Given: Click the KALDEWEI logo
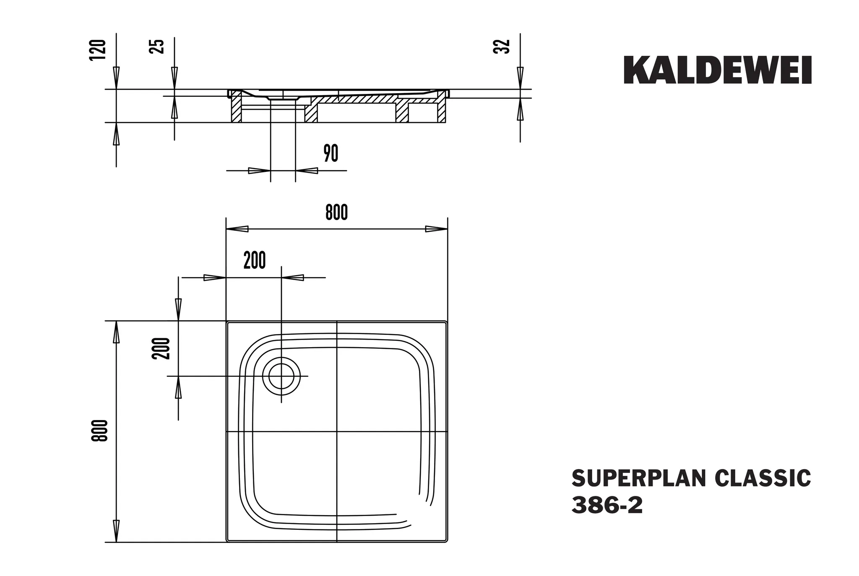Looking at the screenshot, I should [x=717, y=70].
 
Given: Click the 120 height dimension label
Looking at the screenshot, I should [x=97, y=50].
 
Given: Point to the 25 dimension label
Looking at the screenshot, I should [x=156, y=46].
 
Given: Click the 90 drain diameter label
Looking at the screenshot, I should [x=331, y=153].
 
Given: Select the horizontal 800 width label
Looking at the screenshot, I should [x=336, y=213].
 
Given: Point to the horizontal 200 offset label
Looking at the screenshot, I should [x=255, y=261].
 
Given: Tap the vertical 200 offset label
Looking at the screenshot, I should [x=162, y=348].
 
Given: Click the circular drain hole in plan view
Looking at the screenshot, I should [x=281, y=376].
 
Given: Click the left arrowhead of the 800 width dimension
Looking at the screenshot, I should [x=237, y=229].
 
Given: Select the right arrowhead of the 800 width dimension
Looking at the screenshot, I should [x=436, y=229].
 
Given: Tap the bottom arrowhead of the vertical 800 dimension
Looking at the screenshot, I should [x=116, y=531].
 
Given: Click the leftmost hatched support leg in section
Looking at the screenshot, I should [x=236, y=108].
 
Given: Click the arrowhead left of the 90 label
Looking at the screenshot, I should [x=259, y=171].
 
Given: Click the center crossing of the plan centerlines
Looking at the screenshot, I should [x=337, y=431].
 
